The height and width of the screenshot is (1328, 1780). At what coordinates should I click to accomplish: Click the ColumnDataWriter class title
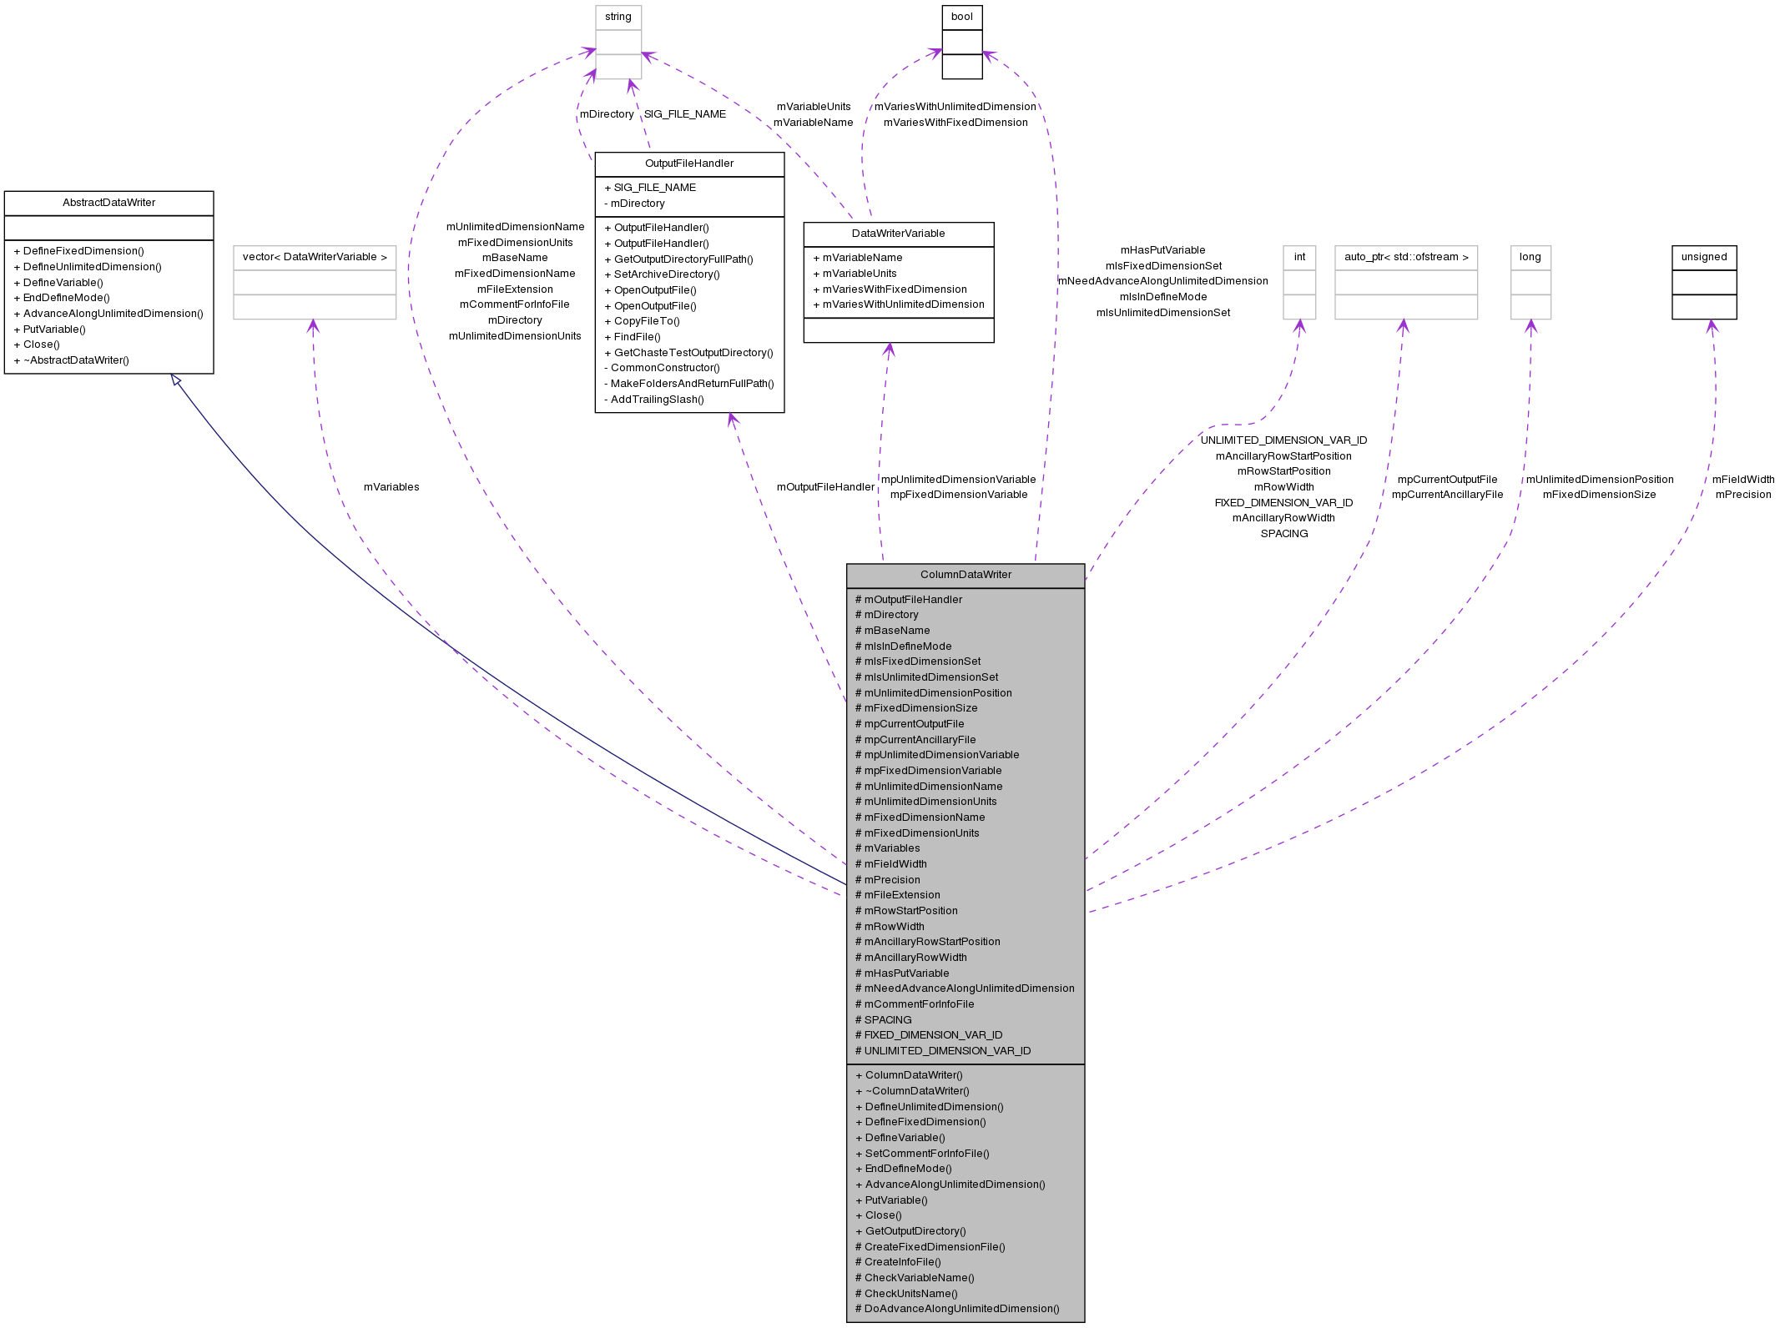(x=966, y=575)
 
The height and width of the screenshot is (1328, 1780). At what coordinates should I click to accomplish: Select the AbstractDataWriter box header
(x=108, y=203)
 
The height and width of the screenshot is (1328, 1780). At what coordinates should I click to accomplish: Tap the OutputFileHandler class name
(x=689, y=163)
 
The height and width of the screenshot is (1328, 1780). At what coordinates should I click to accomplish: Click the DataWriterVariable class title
(x=898, y=234)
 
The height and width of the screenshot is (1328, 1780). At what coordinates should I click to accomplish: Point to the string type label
(x=618, y=17)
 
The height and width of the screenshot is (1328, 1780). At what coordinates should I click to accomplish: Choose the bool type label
(x=961, y=17)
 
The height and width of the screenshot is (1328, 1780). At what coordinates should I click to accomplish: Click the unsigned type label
(x=1703, y=257)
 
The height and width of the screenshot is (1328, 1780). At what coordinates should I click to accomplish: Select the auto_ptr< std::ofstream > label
(x=1405, y=257)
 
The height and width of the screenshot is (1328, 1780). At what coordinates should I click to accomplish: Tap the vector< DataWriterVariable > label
(x=315, y=257)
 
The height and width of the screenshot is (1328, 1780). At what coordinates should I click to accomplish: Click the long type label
(x=1530, y=257)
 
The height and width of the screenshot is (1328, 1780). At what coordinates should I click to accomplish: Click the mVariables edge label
(x=391, y=487)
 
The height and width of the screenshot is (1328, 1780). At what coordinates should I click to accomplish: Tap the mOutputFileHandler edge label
(x=824, y=487)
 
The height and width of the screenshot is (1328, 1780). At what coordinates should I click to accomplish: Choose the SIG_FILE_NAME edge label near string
(x=684, y=114)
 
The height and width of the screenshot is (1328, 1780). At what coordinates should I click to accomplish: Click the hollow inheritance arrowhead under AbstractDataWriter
(x=176, y=380)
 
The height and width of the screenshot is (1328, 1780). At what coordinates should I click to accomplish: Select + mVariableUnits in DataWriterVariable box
(x=859, y=274)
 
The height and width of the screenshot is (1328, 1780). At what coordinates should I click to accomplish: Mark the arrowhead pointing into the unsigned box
(x=1711, y=326)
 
